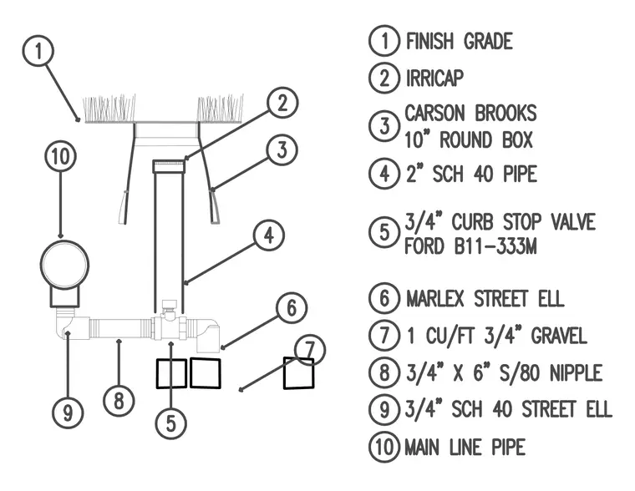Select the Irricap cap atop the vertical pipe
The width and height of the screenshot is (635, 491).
tap(169, 166)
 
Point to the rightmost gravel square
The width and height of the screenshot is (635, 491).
tap(299, 373)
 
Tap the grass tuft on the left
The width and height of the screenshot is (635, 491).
tap(109, 109)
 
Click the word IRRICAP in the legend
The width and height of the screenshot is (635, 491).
tap(434, 78)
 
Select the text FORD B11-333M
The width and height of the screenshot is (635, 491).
tap(470, 246)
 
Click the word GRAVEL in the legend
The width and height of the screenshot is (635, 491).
tap(559, 336)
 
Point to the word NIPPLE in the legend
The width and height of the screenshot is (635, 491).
tap(576, 372)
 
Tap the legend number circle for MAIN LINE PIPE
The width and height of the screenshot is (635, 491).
tap(384, 447)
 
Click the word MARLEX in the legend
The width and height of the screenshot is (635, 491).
tap(435, 299)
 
